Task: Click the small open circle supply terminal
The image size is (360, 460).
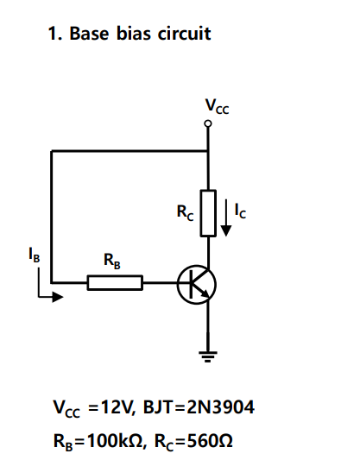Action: click(x=208, y=124)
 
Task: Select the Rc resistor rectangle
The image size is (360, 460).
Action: click(x=208, y=212)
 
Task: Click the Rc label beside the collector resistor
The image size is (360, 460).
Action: click(x=186, y=210)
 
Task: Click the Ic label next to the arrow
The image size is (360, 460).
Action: click(x=244, y=210)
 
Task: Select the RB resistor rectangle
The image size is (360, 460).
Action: click(x=115, y=282)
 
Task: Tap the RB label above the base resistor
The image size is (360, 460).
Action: click(x=112, y=260)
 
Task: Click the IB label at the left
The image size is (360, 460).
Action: click(x=34, y=255)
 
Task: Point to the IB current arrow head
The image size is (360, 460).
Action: click(x=59, y=296)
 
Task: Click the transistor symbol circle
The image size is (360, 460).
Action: click(x=196, y=283)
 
